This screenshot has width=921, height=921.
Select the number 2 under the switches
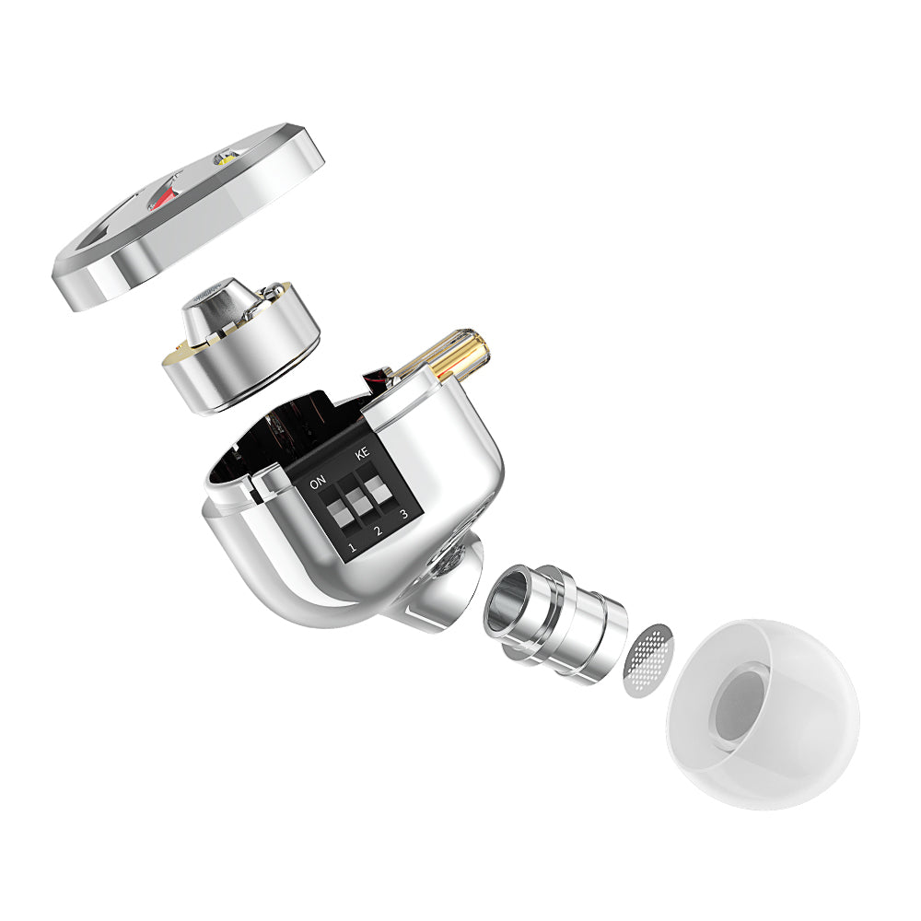(378, 531)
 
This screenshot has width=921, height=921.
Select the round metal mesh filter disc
(649, 659)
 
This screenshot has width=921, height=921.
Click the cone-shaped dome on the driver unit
(212, 309)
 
